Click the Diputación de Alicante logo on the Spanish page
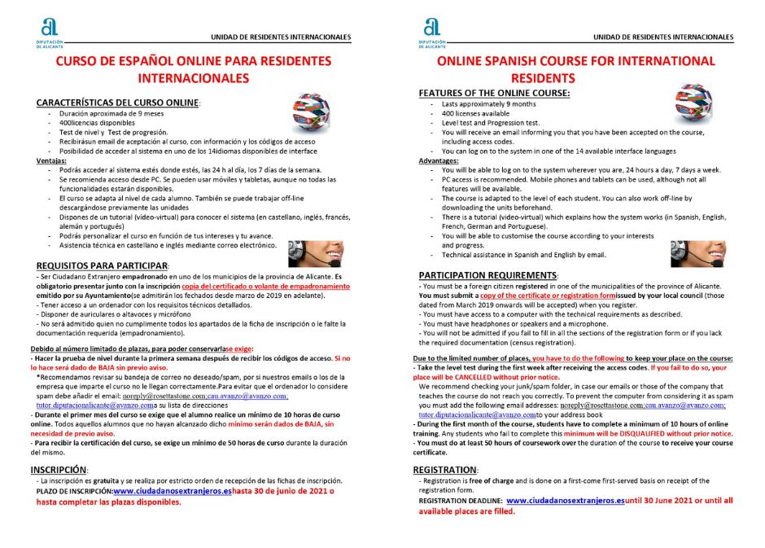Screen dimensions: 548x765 coord(49,32)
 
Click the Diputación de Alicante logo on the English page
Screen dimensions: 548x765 coord(431,32)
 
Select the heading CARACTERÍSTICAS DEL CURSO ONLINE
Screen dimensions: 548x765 coord(117,103)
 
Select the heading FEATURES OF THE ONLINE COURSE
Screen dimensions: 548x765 coord(494,94)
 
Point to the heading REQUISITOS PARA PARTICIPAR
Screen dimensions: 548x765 coord(102,266)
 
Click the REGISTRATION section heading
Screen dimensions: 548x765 coord(444,470)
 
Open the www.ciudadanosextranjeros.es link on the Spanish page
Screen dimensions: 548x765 coord(173,491)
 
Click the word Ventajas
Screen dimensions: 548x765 coord(50,160)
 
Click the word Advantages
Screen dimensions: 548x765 coord(439,160)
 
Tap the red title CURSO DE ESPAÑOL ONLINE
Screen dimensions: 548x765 coord(193,61)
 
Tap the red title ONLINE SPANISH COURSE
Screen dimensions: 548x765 coord(575,61)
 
